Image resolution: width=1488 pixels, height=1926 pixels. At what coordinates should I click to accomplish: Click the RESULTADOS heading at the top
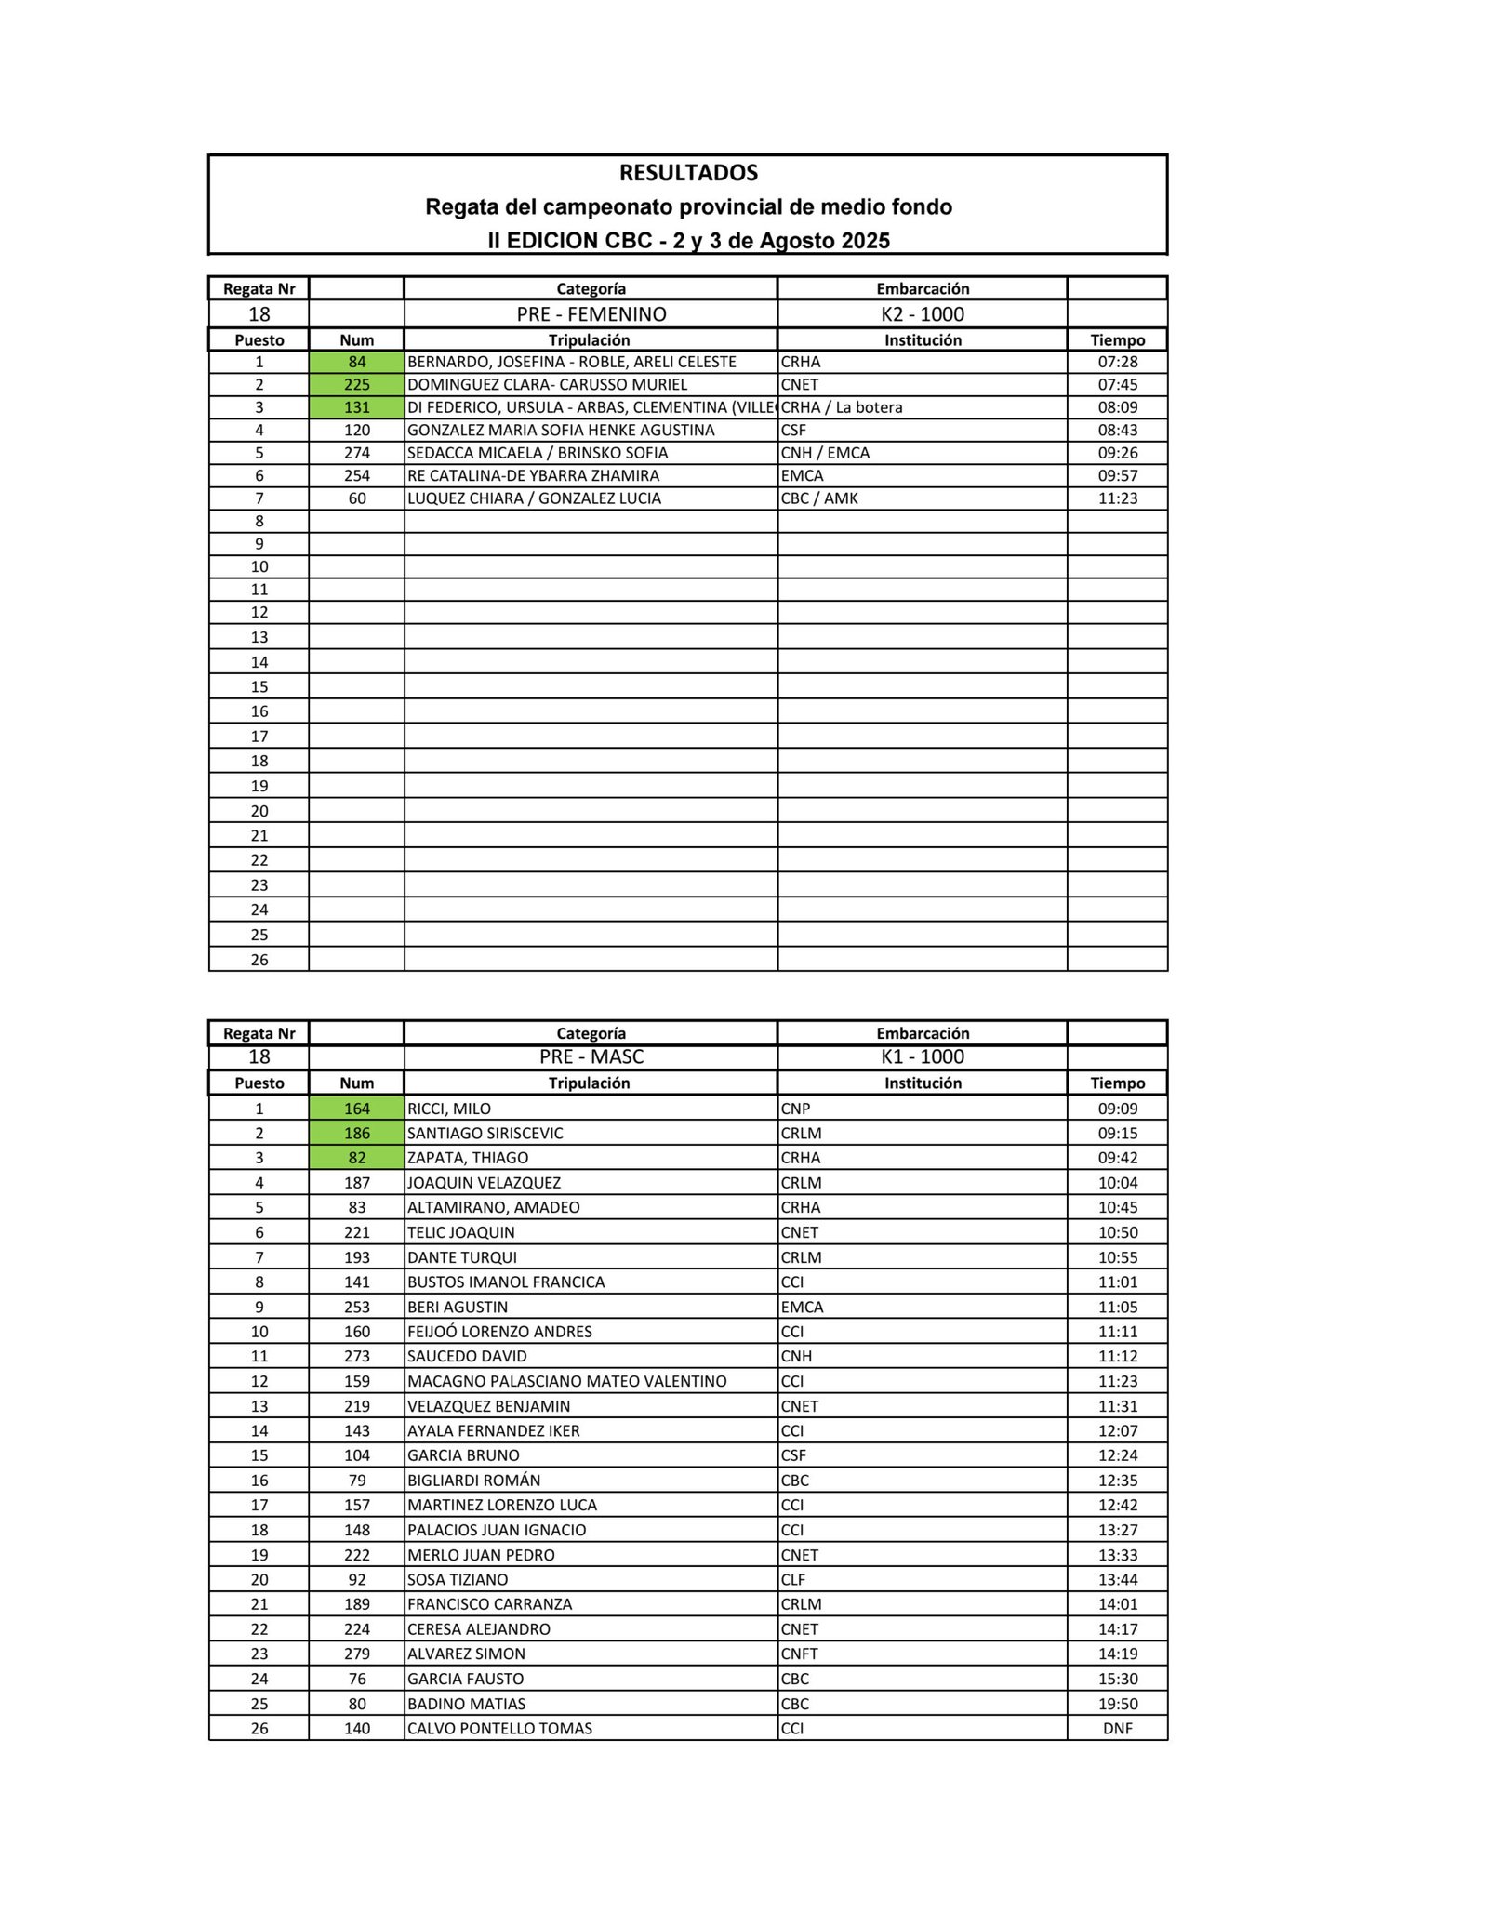688,173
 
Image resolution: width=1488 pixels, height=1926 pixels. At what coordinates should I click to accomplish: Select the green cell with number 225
357,385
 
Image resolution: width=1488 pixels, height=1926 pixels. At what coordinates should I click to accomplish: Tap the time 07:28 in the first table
1117,362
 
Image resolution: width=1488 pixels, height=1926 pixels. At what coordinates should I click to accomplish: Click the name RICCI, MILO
449,1109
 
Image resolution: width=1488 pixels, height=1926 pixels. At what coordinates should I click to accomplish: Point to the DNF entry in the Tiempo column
1117,1729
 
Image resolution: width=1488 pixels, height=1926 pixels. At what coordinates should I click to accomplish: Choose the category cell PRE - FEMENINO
591,314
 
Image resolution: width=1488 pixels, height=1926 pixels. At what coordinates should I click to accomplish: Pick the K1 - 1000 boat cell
922,1056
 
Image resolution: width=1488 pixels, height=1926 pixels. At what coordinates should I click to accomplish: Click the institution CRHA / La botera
842,407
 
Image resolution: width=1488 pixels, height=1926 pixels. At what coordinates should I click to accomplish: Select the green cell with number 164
357,1109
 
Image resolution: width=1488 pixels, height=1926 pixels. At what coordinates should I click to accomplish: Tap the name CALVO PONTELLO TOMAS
499,1729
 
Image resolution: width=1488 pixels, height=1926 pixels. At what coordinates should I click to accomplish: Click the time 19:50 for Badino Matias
1117,1704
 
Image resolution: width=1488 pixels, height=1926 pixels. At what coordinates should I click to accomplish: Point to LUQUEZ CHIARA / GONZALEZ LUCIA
534,498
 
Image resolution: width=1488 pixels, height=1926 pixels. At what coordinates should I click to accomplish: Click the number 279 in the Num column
357,1654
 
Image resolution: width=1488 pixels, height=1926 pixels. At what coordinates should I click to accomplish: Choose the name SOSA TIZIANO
458,1579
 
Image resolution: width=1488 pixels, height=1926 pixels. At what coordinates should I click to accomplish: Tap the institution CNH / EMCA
825,453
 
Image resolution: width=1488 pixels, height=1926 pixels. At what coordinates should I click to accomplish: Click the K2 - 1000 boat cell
922,314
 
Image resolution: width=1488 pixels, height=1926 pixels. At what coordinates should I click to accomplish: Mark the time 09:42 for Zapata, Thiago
1117,1158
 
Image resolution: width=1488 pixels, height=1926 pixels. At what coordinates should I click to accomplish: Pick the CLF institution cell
793,1579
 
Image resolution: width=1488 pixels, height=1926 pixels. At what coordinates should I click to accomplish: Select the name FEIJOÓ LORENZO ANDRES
499,1332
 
